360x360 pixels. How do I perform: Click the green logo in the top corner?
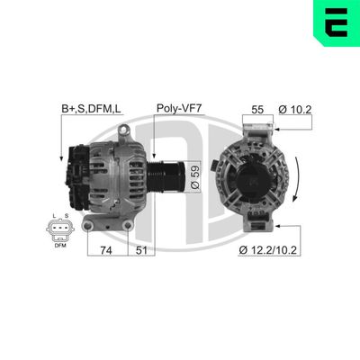tap(336, 22)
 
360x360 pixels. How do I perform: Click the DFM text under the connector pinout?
tap(60, 245)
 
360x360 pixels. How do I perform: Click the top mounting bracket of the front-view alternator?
tap(254, 125)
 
